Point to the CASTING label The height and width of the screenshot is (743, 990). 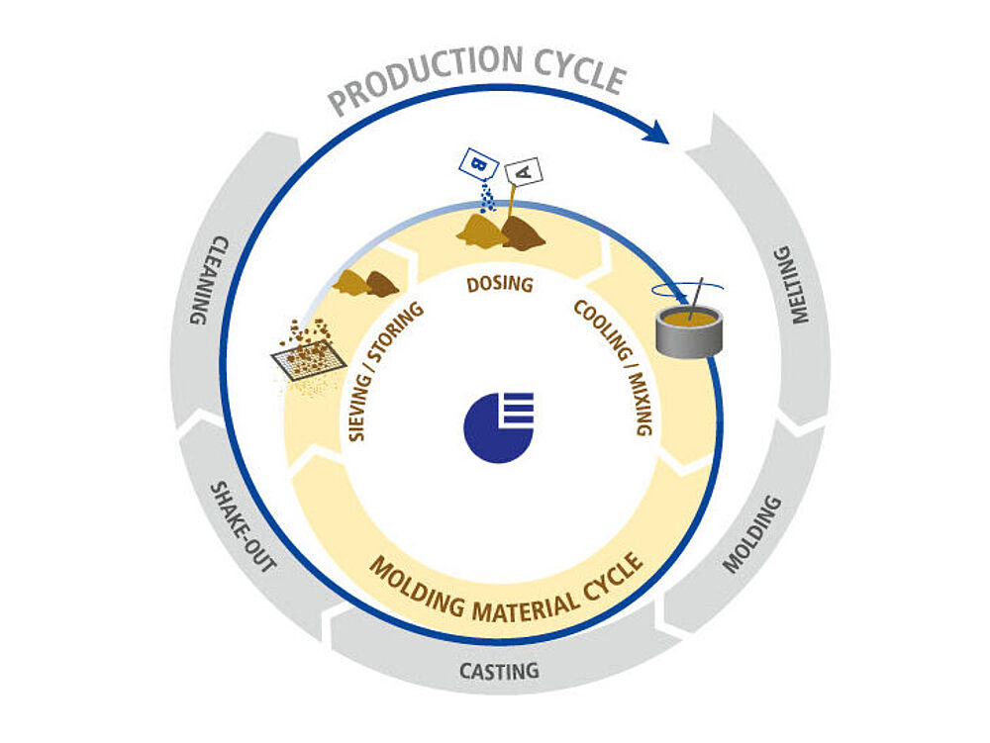[499, 671]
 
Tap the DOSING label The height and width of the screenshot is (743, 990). [500, 285]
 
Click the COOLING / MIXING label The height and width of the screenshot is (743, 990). [614, 369]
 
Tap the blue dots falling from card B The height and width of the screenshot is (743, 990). [486, 198]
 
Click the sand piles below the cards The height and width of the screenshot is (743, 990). [500, 232]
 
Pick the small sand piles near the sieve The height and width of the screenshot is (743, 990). [365, 284]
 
